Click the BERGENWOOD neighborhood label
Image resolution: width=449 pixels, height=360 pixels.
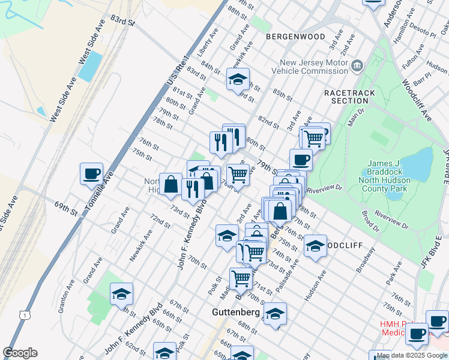click(295, 37)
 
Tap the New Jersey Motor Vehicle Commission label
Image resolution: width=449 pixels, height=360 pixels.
click(314, 66)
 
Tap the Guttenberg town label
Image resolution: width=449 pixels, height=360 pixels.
click(235, 313)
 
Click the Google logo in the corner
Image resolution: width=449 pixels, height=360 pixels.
click(20, 352)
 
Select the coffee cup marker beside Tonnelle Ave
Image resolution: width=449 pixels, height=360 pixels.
click(91, 174)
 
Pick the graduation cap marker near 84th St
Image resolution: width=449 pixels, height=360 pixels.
click(238, 79)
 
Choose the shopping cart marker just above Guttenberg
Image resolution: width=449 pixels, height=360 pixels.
click(241, 278)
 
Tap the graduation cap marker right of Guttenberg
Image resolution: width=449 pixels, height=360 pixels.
click(275, 314)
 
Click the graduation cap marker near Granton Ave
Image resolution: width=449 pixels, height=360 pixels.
click(121, 294)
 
